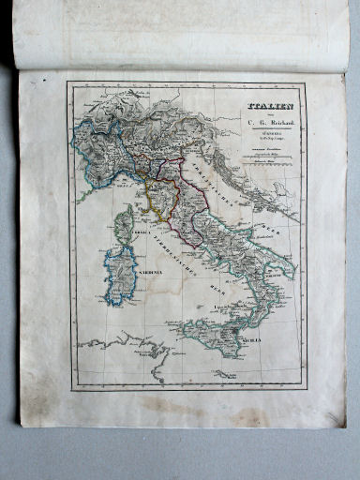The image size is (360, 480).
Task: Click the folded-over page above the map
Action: (x=178, y=33)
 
